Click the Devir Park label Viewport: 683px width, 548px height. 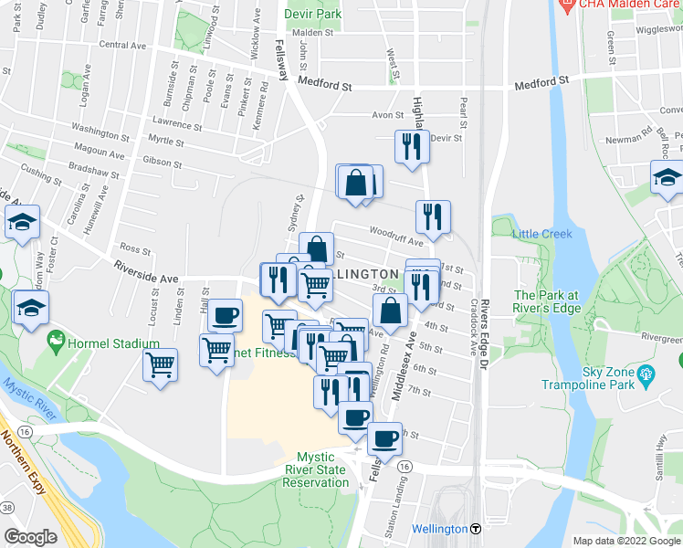[x=319, y=15]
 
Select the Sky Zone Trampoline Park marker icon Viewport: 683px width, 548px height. [x=647, y=373]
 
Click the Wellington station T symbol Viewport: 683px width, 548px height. [x=476, y=529]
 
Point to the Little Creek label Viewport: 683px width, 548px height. [x=542, y=234]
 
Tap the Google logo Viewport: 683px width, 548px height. [x=31, y=537]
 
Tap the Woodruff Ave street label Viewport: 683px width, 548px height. [x=396, y=237]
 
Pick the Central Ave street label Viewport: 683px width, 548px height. [x=122, y=45]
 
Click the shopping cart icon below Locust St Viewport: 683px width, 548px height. [x=161, y=364]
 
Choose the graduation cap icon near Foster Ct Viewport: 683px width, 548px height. [x=21, y=221]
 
